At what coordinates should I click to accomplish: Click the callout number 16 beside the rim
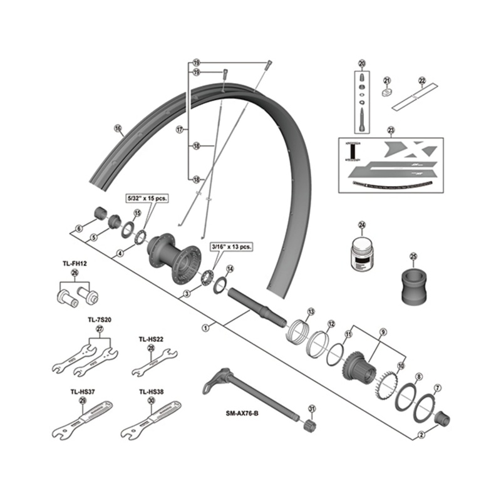(x=117, y=130)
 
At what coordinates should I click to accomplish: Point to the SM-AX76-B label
(x=245, y=413)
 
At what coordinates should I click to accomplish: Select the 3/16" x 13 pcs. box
(x=231, y=247)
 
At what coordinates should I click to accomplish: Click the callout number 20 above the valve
(x=361, y=63)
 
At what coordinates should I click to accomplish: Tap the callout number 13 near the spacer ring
(x=310, y=311)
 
